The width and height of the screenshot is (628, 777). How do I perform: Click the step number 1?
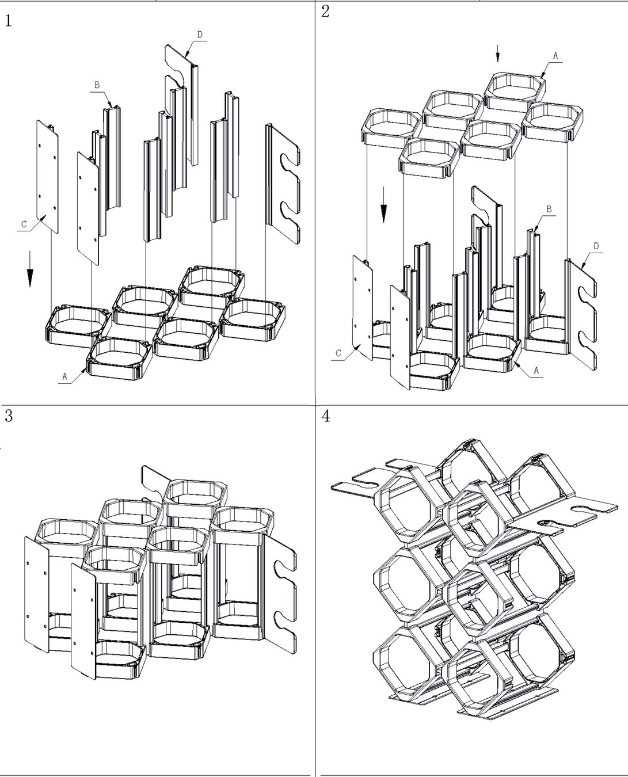pos(9,21)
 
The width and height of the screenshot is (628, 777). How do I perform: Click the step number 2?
pos(326,12)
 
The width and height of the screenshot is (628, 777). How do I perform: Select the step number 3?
pos(9,416)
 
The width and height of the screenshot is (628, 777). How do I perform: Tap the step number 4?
pos(326,416)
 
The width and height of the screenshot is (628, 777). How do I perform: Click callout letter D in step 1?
pos(200,35)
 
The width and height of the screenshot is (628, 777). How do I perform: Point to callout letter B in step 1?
pos(97,85)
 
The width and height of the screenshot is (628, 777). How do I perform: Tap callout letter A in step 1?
pos(64,376)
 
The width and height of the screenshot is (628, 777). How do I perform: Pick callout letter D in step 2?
pos(596,246)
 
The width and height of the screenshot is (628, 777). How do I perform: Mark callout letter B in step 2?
pos(549,210)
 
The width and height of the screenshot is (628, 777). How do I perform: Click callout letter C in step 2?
pos(338,353)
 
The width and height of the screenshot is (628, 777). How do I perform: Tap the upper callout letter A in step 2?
pos(555,56)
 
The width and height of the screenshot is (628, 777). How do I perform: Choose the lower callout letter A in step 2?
pos(536,371)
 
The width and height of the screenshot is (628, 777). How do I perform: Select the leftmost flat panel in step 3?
pos(36,593)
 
